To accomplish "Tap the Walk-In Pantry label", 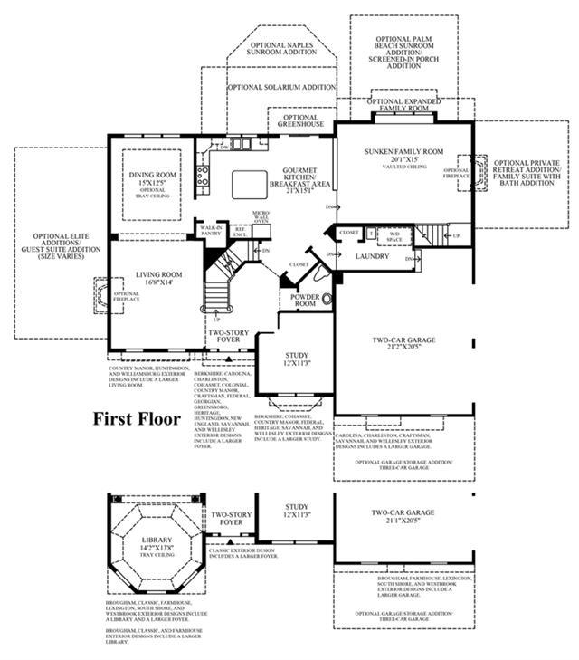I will (x=212, y=230).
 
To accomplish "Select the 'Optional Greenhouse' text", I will (x=300, y=121).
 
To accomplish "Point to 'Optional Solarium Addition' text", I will (x=281, y=88).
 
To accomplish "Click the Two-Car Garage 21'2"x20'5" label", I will (x=403, y=341).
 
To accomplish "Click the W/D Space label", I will (x=395, y=236).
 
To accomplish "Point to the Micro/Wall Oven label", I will (x=262, y=217).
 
